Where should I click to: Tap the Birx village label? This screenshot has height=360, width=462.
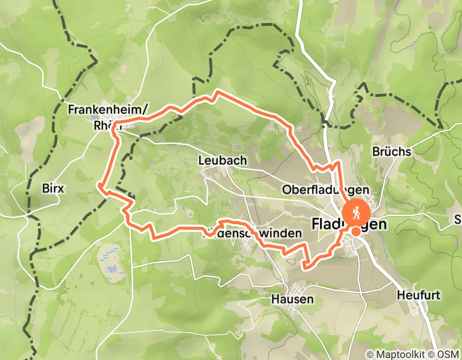[53, 188]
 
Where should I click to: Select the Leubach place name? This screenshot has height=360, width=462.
[222, 161]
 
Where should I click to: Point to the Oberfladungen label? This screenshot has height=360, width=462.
[326, 190]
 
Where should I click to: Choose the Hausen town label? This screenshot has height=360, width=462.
[292, 299]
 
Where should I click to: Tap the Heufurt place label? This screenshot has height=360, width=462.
[416, 295]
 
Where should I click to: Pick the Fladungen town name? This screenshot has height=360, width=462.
[349, 225]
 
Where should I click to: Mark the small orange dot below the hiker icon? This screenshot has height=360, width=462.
[356, 231]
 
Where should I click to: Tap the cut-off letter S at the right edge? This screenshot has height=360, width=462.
[458, 220]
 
